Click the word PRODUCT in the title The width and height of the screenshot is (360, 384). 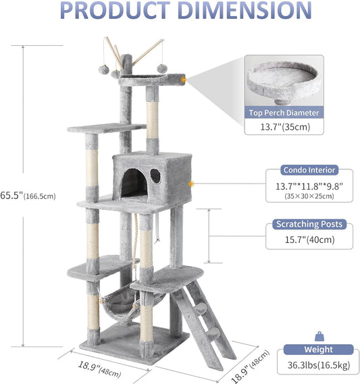115,10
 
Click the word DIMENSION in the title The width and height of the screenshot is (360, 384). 245,10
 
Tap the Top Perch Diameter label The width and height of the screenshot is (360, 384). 284,113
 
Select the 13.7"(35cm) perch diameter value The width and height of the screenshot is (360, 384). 285,127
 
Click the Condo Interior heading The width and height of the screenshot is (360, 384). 309,170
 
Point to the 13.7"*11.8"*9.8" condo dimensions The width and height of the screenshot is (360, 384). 309,187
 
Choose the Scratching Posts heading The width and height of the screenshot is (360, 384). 309,224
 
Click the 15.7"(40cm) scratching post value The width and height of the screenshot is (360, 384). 309,240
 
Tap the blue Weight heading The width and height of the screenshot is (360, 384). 318,349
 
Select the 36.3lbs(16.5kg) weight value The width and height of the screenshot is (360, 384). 319,365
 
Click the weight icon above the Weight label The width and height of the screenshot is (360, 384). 319,337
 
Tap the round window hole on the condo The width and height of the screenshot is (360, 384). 155,176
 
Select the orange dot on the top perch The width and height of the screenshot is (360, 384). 183,80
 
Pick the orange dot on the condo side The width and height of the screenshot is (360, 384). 191,184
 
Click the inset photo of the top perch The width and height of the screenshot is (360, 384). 284,81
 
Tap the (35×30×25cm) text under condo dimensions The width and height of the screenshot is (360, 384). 309,196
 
